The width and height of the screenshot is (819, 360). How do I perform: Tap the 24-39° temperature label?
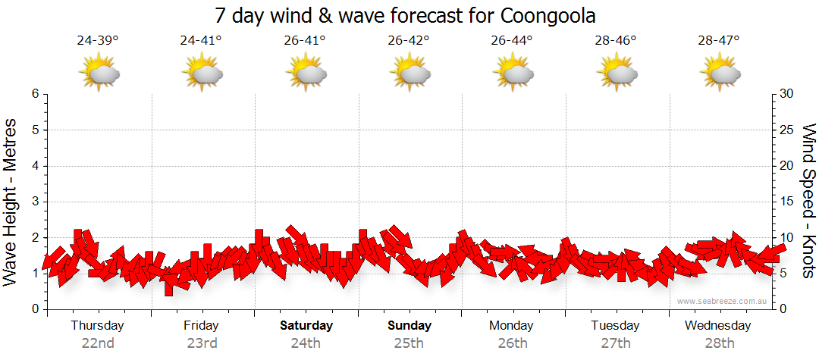pos(98,40)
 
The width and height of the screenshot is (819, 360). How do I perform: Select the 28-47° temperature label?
pos(719,40)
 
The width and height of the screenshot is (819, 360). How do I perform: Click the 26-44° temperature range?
pos(512,40)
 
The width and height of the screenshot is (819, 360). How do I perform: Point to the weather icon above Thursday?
pos(99,73)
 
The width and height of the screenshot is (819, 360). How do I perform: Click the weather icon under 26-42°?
pos(410,73)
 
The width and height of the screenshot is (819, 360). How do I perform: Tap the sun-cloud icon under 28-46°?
pos(617,73)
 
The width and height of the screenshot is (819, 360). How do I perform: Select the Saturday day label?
pos(306,326)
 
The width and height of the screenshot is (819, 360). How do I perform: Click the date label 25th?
pos(409,343)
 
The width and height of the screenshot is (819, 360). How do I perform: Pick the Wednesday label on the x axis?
pos(717,326)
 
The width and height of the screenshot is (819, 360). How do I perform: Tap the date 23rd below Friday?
pos(202,343)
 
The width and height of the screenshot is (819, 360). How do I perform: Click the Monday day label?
pos(511,326)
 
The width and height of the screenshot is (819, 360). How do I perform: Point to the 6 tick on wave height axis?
pos(35,94)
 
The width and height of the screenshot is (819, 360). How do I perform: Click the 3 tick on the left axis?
pos(35,202)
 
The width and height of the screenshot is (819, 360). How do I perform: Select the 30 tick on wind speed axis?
pos(788,94)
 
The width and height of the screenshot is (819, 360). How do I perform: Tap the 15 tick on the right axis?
pos(788,202)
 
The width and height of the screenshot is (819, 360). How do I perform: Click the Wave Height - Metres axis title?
pos(11,202)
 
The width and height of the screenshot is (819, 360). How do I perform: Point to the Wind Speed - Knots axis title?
pos(808,202)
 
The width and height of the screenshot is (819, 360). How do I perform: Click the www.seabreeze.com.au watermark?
pos(722,301)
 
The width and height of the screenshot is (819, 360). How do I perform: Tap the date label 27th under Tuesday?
pos(616,343)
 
